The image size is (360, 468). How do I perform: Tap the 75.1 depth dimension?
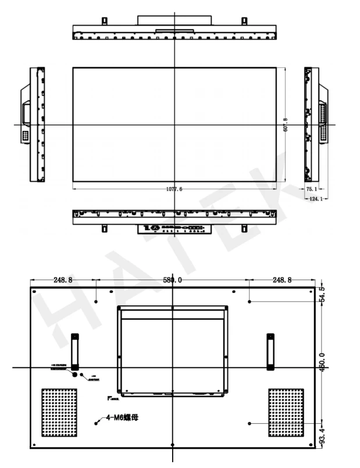(x=312, y=189)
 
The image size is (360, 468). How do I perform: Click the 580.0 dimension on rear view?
(x=173, y=280)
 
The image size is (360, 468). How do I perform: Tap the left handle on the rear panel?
(x=75, y=351)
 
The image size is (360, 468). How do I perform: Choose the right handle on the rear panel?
(x=270, y=351)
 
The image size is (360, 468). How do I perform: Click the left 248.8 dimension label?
(x=63, y=280)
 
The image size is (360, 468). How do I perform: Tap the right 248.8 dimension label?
(x=281, y=280)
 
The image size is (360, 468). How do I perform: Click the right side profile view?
(x=314, y=124)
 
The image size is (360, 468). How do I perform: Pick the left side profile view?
(x=33, y=124)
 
